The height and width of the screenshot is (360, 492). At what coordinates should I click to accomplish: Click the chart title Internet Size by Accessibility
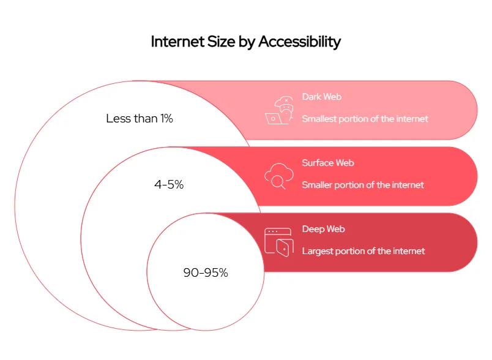[245, 42]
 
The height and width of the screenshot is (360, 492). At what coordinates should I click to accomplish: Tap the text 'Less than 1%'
[140, 119]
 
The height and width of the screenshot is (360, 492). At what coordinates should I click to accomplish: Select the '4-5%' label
[169, 184]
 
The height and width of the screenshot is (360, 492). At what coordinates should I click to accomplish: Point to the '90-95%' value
[206, 273]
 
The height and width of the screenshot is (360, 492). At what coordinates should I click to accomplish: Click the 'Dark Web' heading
[321, 97]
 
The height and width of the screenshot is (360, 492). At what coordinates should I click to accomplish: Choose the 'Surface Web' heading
[328, 163]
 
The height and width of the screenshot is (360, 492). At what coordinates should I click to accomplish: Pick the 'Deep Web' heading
[323, 229]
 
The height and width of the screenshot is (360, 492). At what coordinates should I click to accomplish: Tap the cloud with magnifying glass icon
[275, 176]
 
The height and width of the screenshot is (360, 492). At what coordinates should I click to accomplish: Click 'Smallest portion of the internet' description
[365, 119]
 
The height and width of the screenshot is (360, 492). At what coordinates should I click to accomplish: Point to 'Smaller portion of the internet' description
[362, 185]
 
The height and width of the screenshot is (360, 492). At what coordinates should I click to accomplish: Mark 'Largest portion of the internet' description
[363, 251]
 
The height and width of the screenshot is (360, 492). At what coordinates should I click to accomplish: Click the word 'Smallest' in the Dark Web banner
[319, 119]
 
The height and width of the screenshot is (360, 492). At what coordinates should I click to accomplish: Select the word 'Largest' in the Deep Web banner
[317, 251]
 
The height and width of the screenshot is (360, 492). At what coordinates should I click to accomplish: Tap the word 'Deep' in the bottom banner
[313, 229]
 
